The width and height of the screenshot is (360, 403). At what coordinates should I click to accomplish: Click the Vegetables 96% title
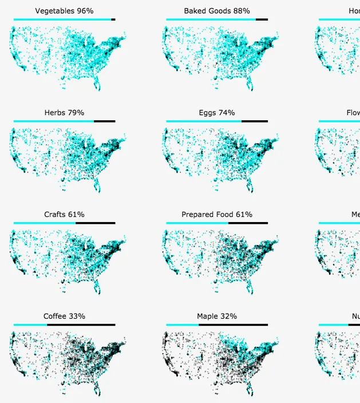tap(64, 11)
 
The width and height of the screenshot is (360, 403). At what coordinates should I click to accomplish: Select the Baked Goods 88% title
tap(217, 11)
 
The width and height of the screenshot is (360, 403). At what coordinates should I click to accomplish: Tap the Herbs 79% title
tap(64, 113)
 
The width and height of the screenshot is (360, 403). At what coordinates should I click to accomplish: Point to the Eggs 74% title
tap(217, 113)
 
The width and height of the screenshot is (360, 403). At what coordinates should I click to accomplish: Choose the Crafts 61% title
tap(64, 215)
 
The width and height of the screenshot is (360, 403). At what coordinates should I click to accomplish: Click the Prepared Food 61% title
tap(217, 215)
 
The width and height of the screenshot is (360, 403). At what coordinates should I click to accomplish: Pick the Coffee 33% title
tap(64, 317)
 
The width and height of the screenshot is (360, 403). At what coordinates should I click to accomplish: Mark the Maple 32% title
tap(217, 317)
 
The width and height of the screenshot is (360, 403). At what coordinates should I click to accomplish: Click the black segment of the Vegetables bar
tap(113, 19)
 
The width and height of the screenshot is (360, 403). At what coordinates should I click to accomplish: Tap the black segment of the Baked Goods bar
tap(262, 19)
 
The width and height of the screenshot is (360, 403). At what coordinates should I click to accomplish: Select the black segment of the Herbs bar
tap(104, 121)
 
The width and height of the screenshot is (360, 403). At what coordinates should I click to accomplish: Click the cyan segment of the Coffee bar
tap(30, 325)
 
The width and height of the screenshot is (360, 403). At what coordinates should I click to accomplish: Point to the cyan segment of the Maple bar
tap(183, 325)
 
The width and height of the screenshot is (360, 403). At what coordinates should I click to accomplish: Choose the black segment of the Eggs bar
tap(255, 121)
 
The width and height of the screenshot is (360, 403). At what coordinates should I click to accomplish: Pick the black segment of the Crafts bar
tap(95, 223)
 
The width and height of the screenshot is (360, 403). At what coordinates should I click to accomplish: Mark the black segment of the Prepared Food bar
tap(248, 223)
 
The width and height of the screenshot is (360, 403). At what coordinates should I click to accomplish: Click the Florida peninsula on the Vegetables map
tap(97, 84)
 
